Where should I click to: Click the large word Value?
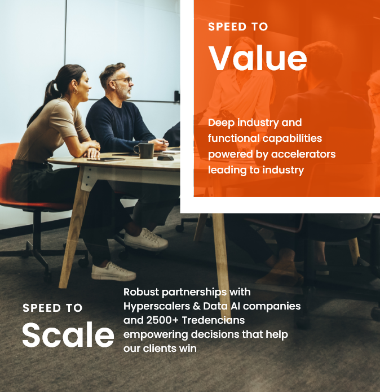(258, 58)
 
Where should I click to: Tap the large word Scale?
(68, 334)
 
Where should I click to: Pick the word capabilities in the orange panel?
(292, 138)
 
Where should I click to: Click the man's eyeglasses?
(123, 80)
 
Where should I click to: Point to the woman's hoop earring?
(75, 92)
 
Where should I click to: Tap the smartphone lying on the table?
(106, 159)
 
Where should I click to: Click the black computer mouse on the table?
(165, 158)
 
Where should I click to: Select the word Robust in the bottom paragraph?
(141, 292)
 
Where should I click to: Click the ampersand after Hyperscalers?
(197, 306)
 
